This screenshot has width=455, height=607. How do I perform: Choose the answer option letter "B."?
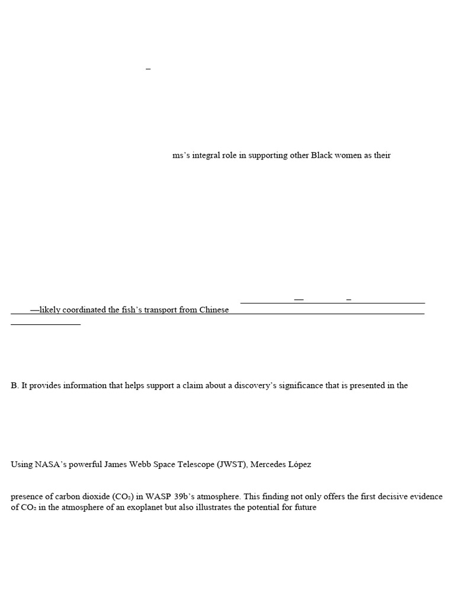[x=15, y=386]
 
